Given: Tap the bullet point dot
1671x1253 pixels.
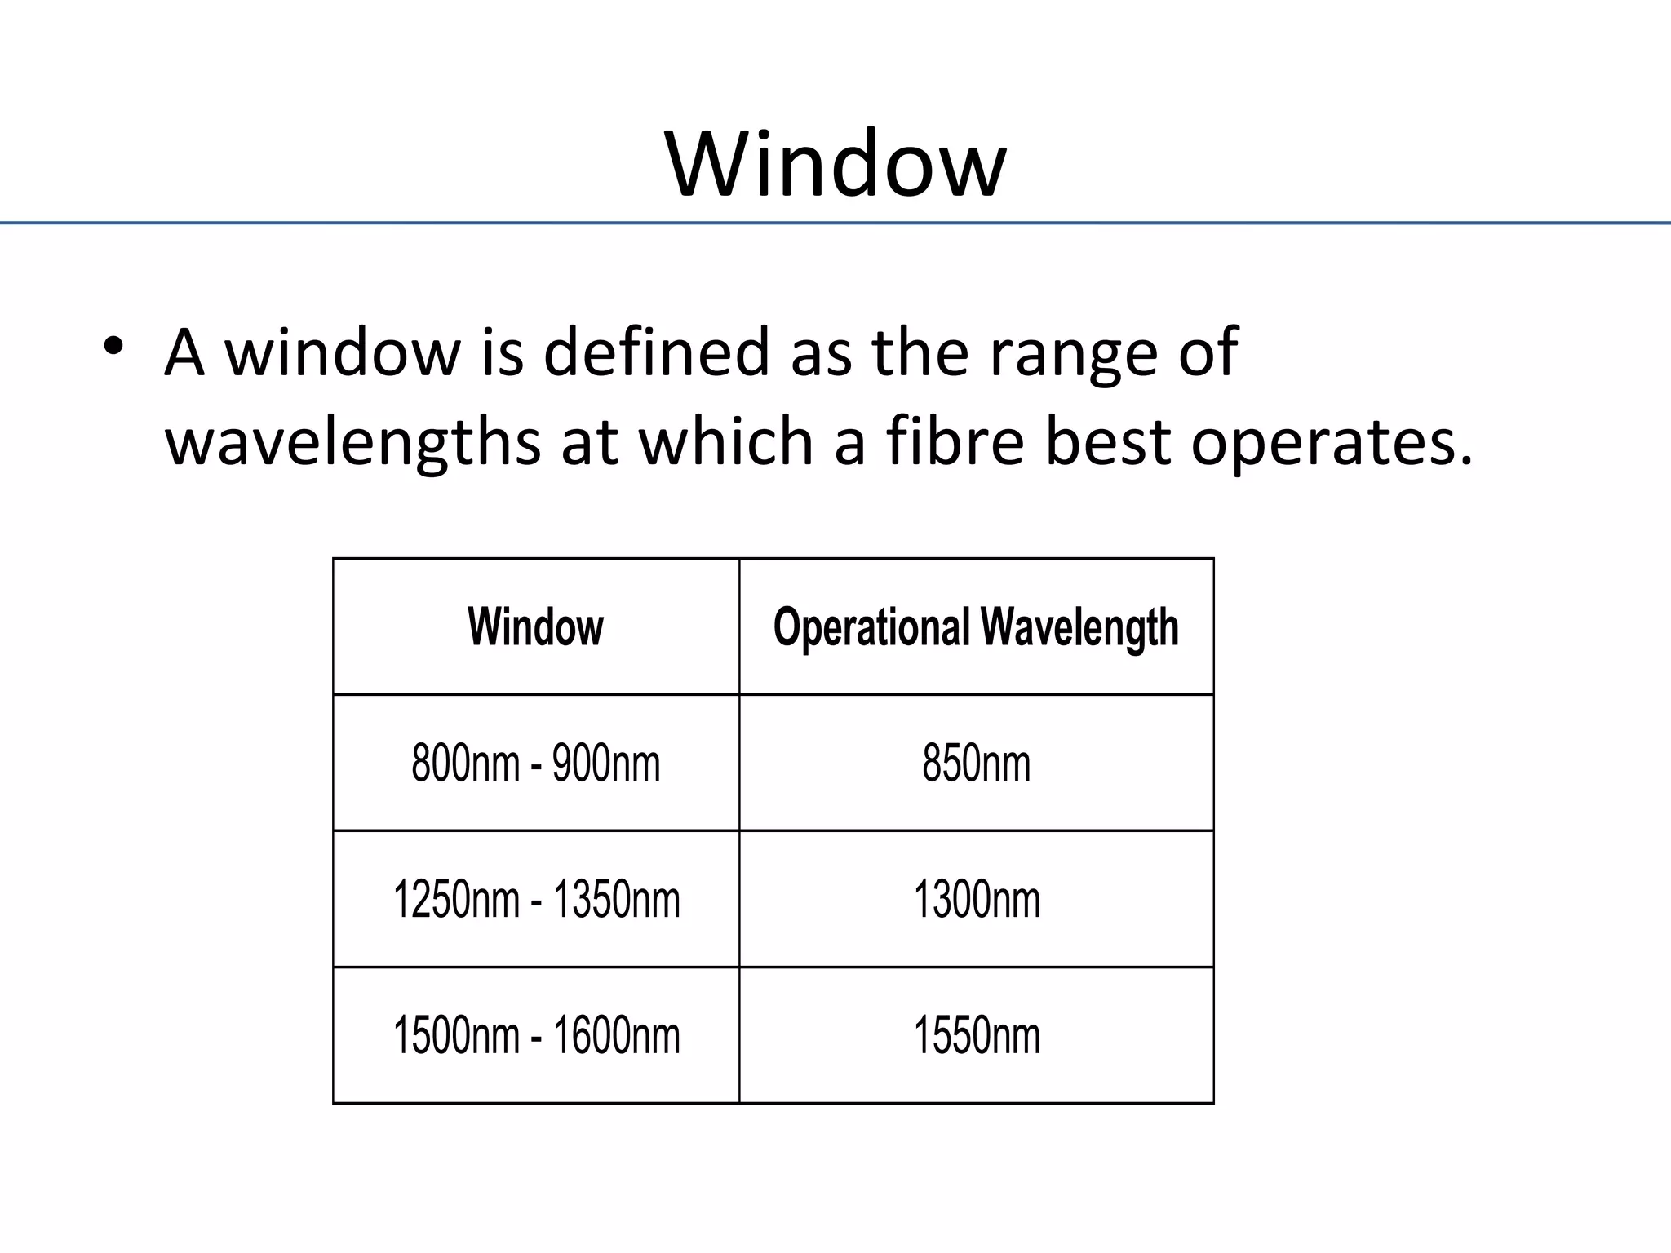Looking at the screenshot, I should tap(113, 347).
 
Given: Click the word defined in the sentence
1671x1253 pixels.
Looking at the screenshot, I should tap(656, 352).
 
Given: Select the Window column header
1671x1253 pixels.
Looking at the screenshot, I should tap(535, 626).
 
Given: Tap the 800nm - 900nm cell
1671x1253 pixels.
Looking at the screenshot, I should tap(535, 764).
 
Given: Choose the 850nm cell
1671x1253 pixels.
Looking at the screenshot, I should tap(976, 764).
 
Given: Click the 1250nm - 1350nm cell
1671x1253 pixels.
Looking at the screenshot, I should tap(535, 900).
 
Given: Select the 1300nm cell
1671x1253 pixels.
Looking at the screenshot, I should tap(976, 900).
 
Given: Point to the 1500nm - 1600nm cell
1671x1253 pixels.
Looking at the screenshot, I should tap(535, 1036).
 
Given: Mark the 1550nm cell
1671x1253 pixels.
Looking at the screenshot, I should tap(976, 1036).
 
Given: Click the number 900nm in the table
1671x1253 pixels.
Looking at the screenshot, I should tap(605, 764).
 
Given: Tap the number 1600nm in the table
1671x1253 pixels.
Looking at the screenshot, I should tap(616, 1036).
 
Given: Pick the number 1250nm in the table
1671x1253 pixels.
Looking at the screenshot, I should tap(456, 900).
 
